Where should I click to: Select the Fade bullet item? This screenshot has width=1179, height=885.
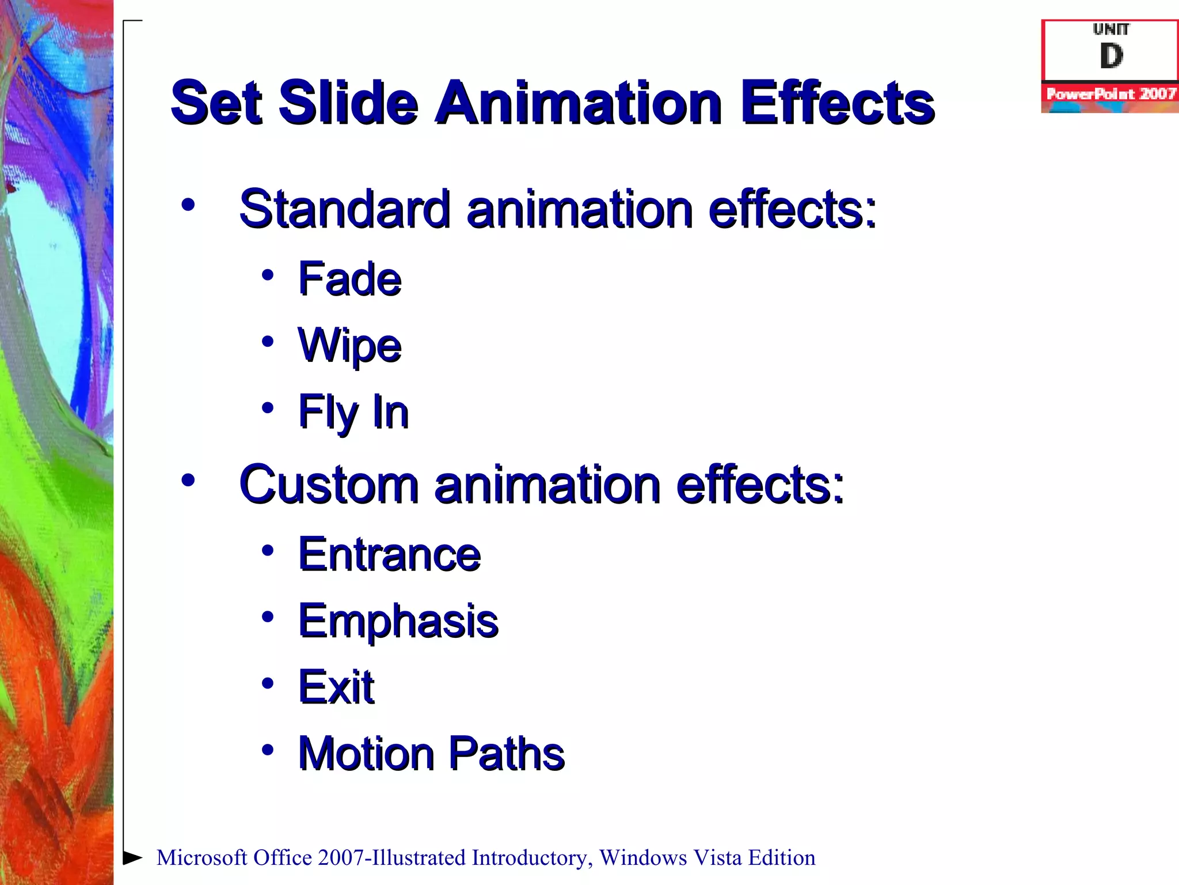coord(349,279)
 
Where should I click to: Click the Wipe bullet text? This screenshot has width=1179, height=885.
coord(349,346)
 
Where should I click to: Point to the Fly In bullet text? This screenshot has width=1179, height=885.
coord(353,412)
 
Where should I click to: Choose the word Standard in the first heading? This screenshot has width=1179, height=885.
coord(344,209)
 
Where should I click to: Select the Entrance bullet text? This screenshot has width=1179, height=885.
coord(389,554)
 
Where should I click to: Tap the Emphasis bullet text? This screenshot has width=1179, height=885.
coord(398,621)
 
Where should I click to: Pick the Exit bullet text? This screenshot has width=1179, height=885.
coord(336,687)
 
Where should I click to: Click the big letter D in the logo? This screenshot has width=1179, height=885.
coord(1111,56)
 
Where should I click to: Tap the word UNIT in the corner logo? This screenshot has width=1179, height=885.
coord(1111,29)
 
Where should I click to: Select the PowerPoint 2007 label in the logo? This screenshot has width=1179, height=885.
coord(1110,94)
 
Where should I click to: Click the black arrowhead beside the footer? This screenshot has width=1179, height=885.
coord(132,857)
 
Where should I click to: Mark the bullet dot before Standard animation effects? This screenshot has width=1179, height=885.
coord(188,205)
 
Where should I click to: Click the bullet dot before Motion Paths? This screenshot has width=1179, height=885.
coord(267,750)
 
